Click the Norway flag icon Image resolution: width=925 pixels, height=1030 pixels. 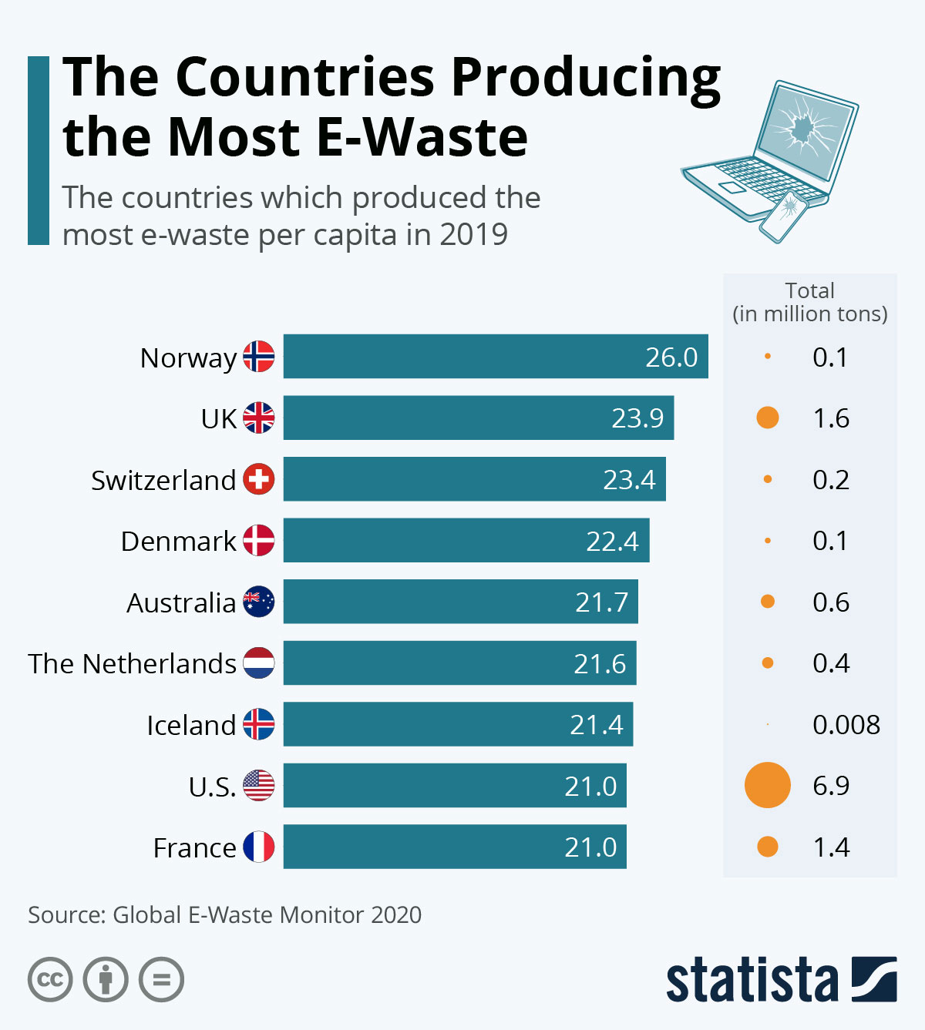click(258, 357)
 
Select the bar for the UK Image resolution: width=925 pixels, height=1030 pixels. click(478, 418)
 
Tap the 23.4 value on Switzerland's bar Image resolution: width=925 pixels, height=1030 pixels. click(628, 479)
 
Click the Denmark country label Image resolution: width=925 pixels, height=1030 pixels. click(178, 541)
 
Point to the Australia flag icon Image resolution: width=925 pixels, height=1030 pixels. click(258, 602)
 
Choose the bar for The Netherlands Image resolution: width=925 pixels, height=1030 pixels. click(459, 663)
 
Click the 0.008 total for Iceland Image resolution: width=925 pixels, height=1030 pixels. click(846, 724)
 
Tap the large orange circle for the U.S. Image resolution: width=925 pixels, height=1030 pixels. click(767, 785)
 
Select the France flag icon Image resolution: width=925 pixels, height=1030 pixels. click(258, 847)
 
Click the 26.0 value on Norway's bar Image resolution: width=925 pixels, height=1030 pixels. click(671, 357)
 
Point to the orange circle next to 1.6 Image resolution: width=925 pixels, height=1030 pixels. click(767, 418)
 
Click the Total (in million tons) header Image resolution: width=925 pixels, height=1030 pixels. click(809, 302)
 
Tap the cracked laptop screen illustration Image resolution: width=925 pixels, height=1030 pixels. click(804, 127)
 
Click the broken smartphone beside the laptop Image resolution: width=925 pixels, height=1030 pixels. click(783, 216)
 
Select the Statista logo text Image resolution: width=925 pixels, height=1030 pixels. click(752, 980)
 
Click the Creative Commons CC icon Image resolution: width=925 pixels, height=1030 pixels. click(50, 980)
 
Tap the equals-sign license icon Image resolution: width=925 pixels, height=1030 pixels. click(161, 980)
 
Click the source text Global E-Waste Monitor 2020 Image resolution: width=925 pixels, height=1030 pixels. click(267, 914)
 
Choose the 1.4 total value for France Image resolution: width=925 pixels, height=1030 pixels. click(831, 847)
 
